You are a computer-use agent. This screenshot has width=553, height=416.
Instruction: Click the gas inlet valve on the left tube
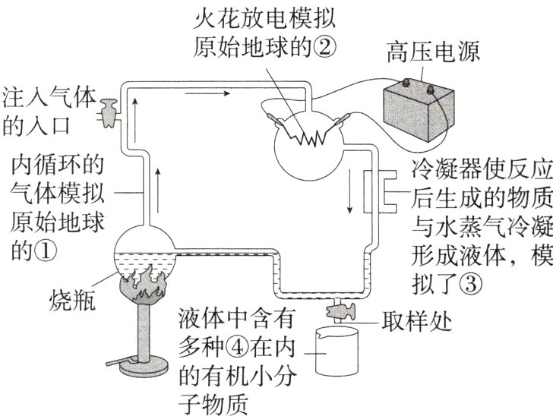coord(109,111)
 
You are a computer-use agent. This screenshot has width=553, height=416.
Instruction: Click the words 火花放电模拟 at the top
coord(265,18)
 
